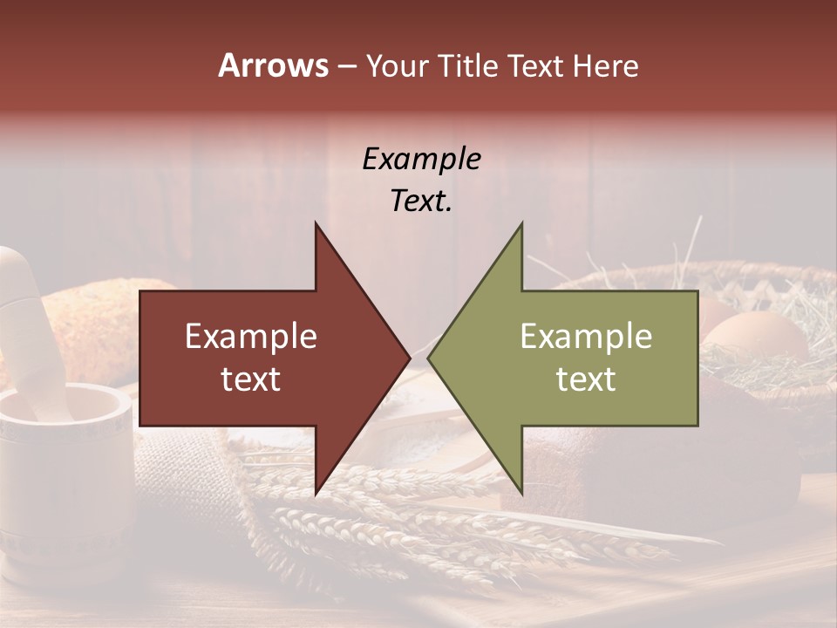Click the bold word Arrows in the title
coord(274,65)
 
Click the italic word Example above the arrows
coord(421,159)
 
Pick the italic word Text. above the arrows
coord(421,201)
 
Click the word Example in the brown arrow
coord(250,337)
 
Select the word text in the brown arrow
coord(250,379)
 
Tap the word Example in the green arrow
coord(586,337)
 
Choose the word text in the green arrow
coord(586,379)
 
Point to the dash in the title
coord(346,67)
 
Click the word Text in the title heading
coord(535,65)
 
